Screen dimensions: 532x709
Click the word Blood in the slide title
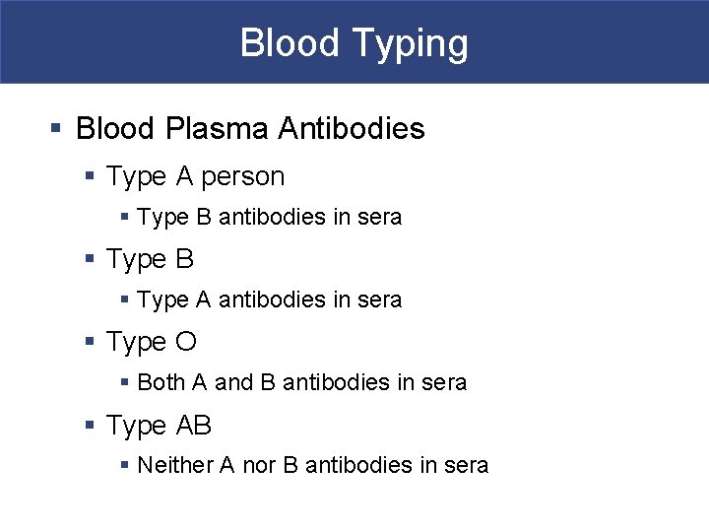tap(284, 43)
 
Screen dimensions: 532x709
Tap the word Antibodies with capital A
tap(352, 128)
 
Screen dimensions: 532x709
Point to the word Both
tap(161, 382)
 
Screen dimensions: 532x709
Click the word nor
tap(259, 465)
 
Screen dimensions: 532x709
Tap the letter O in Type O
tap(186, 342)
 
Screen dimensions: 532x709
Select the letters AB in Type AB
tap(194, 426)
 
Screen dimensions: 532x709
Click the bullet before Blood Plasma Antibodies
tap(56, 128)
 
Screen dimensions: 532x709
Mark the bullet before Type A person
tap(90, 177)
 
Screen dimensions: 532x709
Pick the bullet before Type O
tap(90, 342)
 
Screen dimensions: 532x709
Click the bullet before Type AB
tap(90, 426)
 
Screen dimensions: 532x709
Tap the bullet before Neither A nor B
tap(124, 465)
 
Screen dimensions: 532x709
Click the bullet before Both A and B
tap(124, 382)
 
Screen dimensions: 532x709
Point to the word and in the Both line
tap(233, 382)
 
